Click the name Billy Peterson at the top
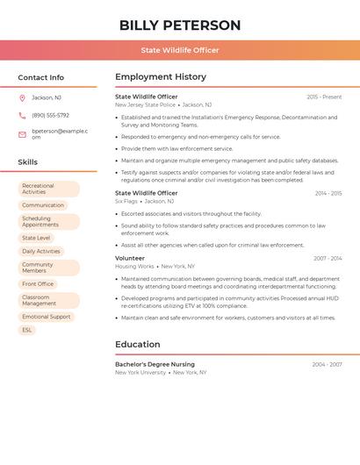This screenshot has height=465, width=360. (x=180, y=25)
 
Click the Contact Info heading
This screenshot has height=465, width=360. (x=40, y=77)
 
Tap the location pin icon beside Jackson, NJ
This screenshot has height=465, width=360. (x=22, y=97)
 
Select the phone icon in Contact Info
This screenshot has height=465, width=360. (x=22, y=115)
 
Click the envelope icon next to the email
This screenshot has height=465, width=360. (x=22, y=134)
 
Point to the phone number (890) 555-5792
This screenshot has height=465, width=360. (x=50, y=115)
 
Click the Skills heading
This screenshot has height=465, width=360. (x=27, y=162)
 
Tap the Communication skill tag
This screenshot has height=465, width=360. (x=43, y=205)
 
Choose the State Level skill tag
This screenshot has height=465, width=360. (x=36, y=238)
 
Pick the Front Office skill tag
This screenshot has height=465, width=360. (x=38, y=283)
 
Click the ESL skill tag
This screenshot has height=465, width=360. (x=27, y=330)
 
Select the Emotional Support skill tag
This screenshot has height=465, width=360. (x=47, y=317)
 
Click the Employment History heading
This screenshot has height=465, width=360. (x=161, y=77)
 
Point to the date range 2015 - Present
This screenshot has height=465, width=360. (x=324, y=97)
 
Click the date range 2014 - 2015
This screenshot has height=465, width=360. (x=328, y=193)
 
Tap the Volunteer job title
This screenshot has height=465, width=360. (x=130, y=258)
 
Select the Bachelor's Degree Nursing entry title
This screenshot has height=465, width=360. (x=155, y=364)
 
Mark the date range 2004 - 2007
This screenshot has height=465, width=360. (x=327, y=364)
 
